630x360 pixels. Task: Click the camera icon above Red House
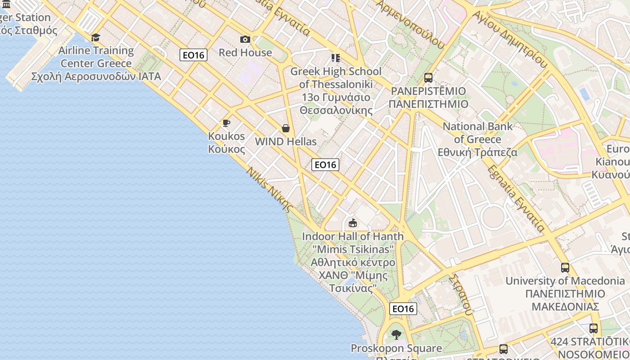coord(245,40)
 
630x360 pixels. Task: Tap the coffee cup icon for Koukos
coord(226,123)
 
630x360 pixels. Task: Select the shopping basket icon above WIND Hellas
coord(285,129)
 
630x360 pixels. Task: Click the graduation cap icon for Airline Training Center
coord(95,37)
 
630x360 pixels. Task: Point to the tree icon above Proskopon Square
coord(396,335)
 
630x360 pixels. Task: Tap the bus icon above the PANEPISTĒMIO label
coord(428,78)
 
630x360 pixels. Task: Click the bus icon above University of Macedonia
coord(565,268)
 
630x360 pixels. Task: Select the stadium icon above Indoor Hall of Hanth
coord(353,223)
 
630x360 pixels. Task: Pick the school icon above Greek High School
coord(335,58)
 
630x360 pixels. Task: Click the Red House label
coord(245,53)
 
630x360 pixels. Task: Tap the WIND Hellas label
coord(286,142)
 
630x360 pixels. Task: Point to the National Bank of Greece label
coord(477,139)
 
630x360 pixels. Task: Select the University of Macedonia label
coord(565,294)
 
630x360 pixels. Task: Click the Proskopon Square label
coord(396,348)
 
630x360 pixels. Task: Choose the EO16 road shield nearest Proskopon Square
coord(403,309)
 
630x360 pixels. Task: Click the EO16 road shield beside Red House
coord(193,55)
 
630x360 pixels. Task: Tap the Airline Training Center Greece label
coord(96,63)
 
